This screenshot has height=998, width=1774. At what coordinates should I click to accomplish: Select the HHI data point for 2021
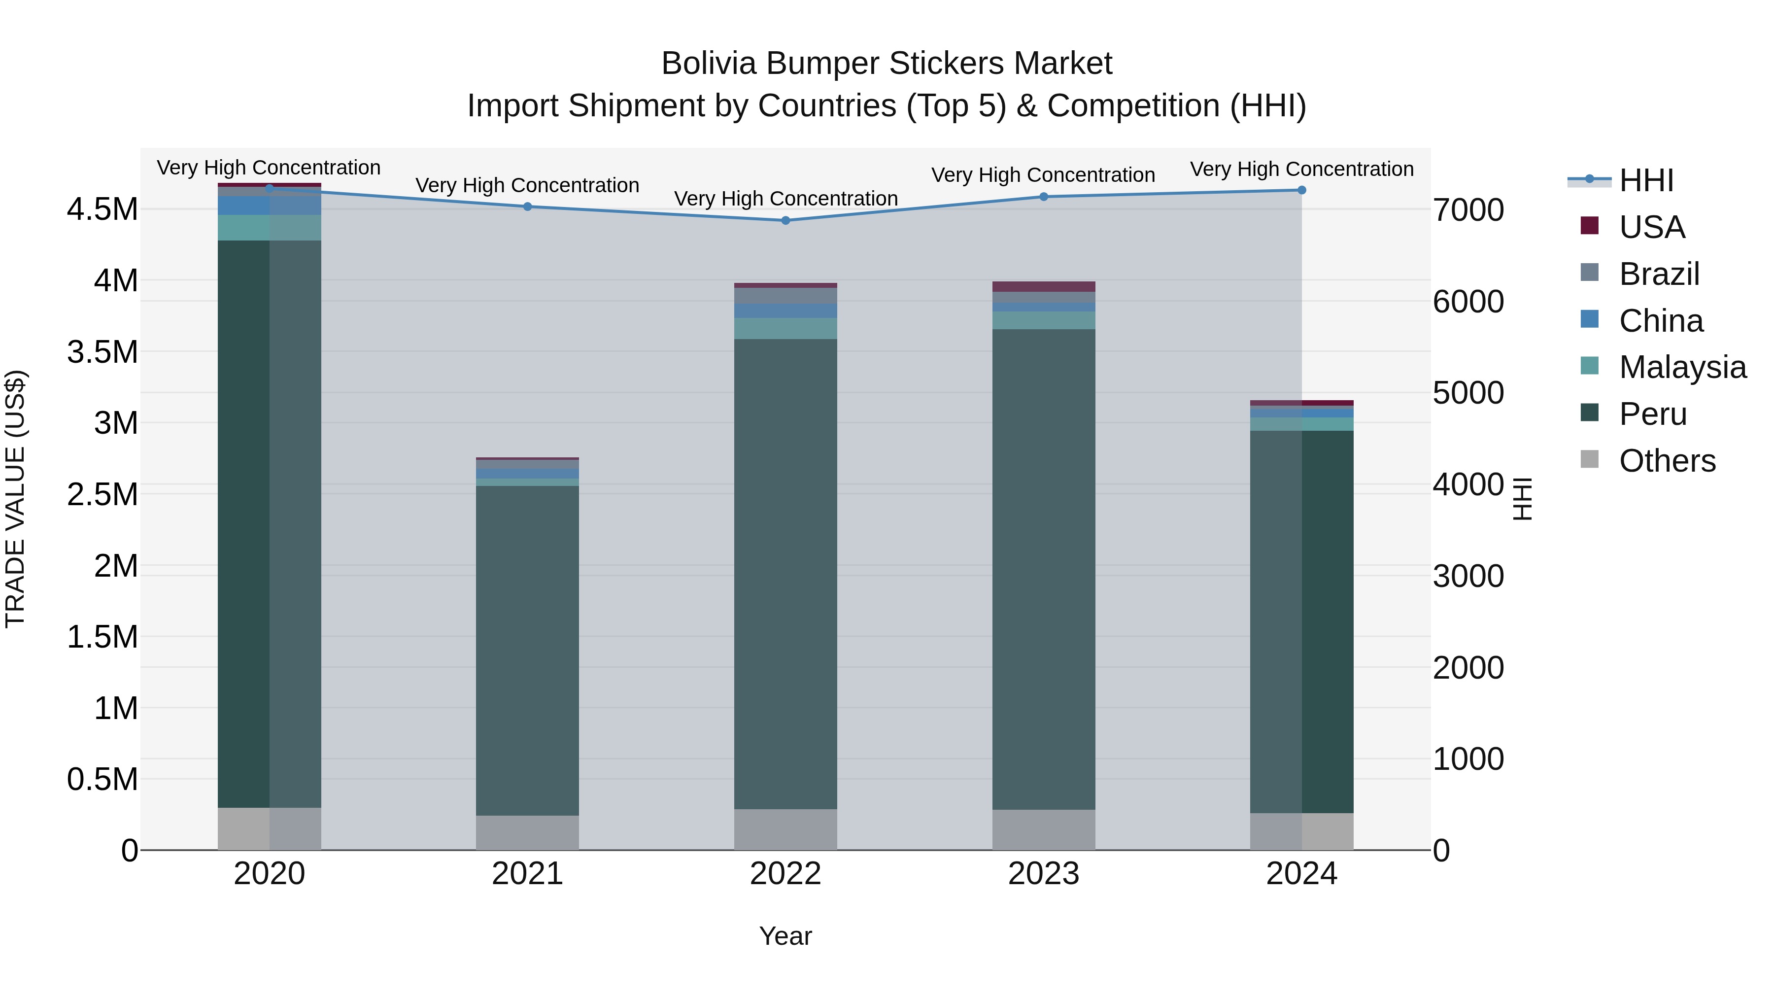(x=527, y=206)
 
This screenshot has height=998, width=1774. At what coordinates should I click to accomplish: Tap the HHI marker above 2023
(x=1043, y=197)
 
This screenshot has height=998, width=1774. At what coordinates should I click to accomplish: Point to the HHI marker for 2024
(x=1301, y=190)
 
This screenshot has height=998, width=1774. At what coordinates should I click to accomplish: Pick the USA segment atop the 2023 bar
(x=1043, y=286)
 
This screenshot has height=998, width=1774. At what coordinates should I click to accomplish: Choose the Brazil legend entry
(x=1659, y=274)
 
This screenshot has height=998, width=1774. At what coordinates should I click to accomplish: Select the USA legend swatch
(x=1589, y=226)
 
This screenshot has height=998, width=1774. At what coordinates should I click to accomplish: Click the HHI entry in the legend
(x=1646, y=180)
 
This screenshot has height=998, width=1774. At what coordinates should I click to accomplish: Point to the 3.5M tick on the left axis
(x=102, y=352)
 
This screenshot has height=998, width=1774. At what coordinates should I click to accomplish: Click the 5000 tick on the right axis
(x=1468, y=393)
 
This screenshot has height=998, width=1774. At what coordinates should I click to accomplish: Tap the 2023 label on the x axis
(x=1043, y=874)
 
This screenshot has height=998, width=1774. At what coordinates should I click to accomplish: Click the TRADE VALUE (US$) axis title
(x=15, y=499)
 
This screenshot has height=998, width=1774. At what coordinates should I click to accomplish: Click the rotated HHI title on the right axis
(x=1523, y=499)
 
